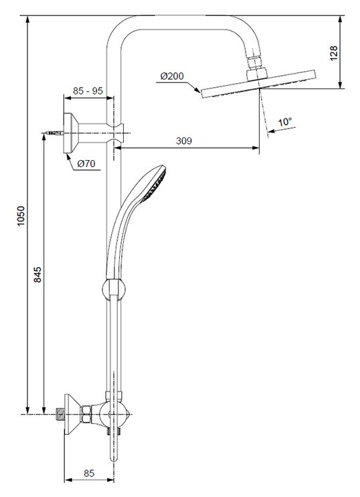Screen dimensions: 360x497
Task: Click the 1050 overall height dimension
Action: pos(21,216)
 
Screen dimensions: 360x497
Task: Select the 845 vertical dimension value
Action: pos(37,275)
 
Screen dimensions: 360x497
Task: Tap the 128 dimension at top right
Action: pos(334,54)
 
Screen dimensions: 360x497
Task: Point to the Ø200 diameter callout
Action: pos(172,76)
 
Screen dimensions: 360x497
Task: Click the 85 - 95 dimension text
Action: pos(88,91)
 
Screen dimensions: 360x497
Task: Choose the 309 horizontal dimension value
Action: pos(184,141)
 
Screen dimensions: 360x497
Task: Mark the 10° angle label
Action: pos(285,122)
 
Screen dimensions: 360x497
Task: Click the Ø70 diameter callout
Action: pos(86,164)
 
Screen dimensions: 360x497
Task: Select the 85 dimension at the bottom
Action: pos(89,474)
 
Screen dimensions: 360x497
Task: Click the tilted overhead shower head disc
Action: pos(258,84)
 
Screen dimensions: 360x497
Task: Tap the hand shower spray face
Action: pos(155,184)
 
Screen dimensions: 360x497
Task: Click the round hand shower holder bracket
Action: pos(114,289)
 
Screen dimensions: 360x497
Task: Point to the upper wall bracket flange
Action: pos(71,133)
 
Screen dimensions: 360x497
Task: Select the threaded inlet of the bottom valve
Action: pos(60,415)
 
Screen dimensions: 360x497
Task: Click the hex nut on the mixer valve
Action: pos(86,414)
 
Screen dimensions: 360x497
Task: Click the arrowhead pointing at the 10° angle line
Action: pos(271,131)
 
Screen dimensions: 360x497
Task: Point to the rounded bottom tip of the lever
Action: pos(114,458)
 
